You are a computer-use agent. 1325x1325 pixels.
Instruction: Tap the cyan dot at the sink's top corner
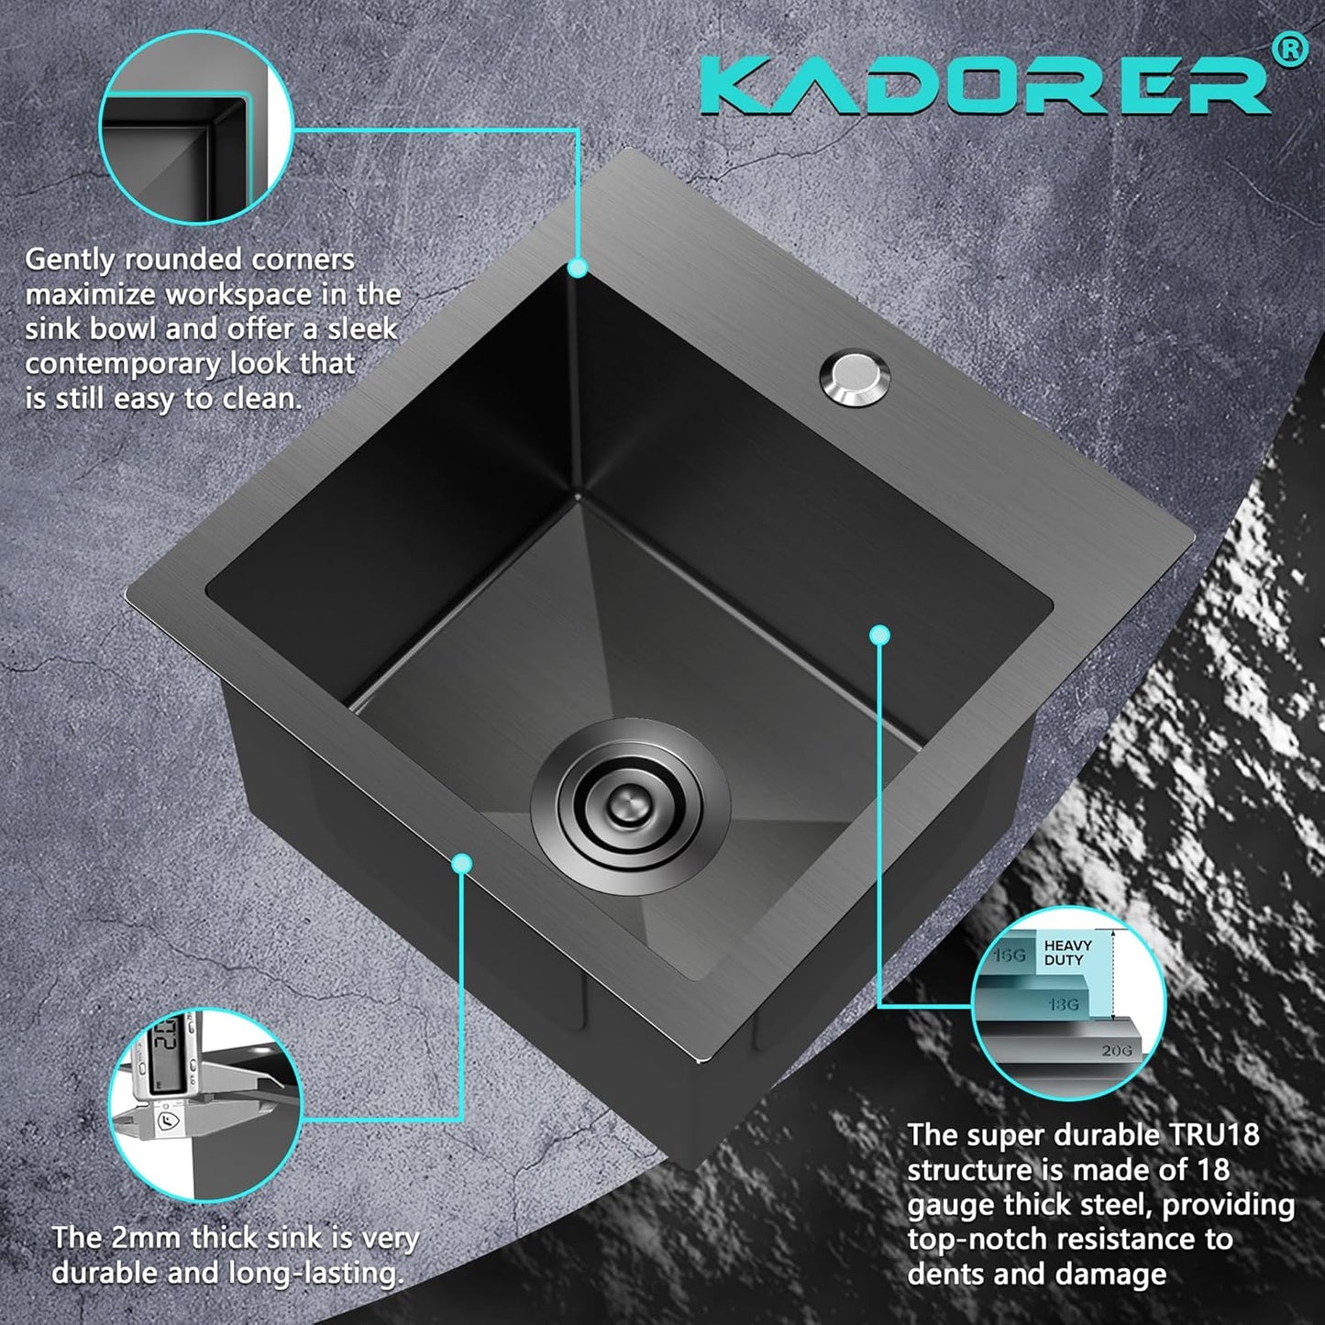click(x=577, y=268)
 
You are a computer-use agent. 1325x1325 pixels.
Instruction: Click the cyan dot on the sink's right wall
click(x=879, y=635)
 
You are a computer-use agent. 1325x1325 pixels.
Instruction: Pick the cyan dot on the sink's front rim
click(x=462, y=863)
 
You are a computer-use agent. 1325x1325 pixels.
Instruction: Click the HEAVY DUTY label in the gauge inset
click(x=1067, y=953)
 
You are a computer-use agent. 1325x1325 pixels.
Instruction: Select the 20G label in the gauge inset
click(x=1116, y=1051)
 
